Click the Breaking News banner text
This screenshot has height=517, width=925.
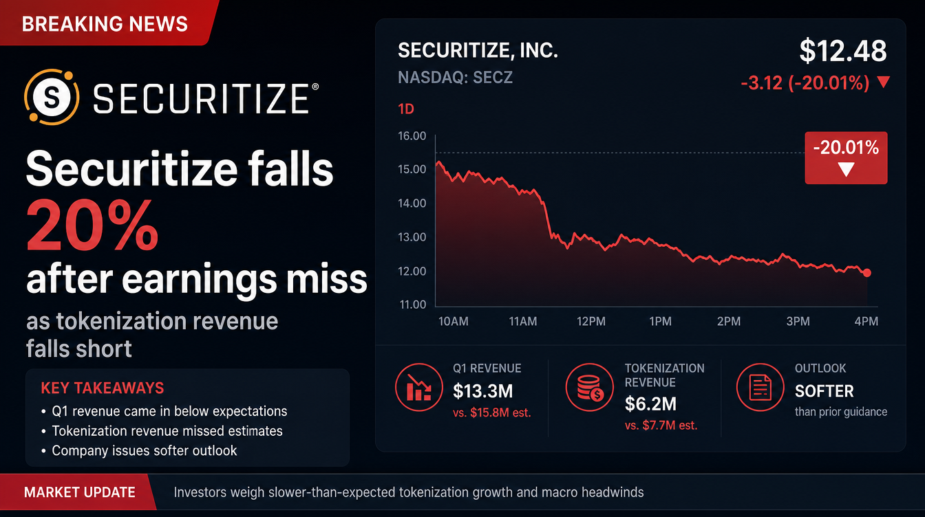pos(105,24)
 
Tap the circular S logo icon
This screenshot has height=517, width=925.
pos(52,97)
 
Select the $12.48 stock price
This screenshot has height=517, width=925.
pos(843,51)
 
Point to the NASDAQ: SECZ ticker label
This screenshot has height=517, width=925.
pos(455,77)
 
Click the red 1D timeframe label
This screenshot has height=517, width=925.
pos(406,109)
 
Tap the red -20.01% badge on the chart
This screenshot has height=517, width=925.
pos(846,157)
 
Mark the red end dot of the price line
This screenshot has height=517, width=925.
pos(866,273)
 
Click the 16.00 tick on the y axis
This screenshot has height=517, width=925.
pos(412,135)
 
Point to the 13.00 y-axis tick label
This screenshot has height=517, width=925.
pos(412,237)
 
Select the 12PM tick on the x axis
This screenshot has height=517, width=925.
pos(591,322)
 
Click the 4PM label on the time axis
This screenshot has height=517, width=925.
pos(866,322)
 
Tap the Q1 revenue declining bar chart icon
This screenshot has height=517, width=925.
pos(418,387)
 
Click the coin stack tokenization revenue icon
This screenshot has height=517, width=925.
pos(589,387)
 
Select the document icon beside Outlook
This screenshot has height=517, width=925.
pos(760,387)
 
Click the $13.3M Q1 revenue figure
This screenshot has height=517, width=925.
pos(482,391)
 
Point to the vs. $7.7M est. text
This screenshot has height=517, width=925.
pos(661,426)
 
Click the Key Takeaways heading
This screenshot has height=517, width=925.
pos(103,388)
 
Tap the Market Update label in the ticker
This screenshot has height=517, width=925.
pos(80,492)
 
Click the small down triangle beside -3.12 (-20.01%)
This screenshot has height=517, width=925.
pos(883,82)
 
